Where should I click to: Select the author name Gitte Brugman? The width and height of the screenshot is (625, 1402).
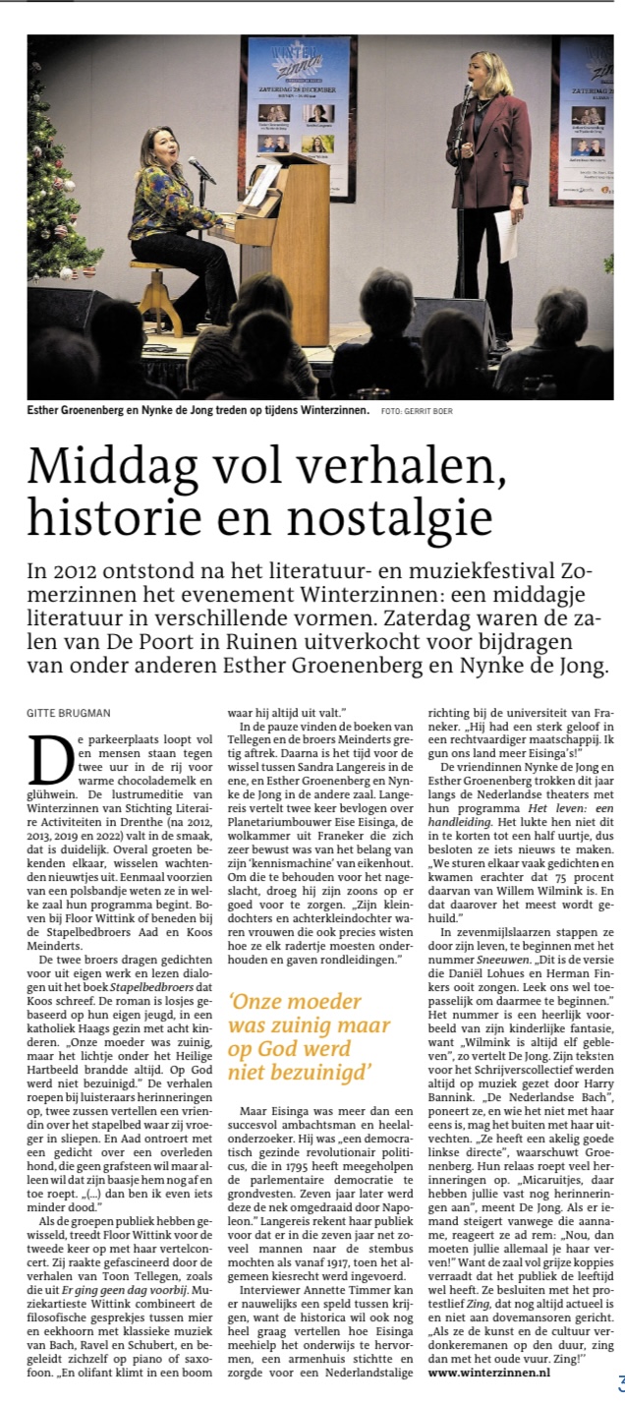[68, 711]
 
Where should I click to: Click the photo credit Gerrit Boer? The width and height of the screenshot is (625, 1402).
[431, 410]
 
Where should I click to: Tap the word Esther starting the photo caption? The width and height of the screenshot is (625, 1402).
[49, 410]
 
